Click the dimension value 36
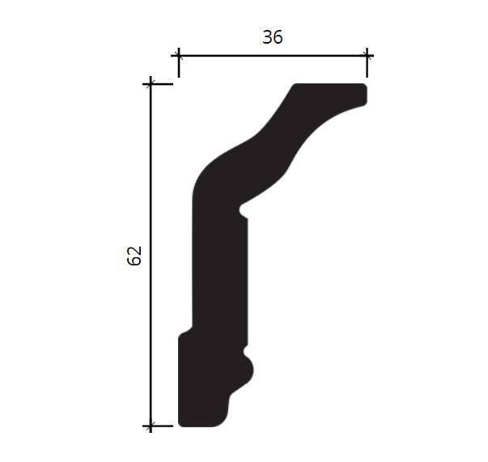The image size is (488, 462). tap(273, 37)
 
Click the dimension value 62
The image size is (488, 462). tap(134, 256)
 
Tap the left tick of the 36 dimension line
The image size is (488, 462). tap(179, 56)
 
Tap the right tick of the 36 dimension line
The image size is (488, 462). tap(367, 56)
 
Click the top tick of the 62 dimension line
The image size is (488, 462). tap(151, 84)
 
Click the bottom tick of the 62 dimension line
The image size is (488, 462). tap(151, 426)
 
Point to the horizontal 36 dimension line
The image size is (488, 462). tap(273, 56)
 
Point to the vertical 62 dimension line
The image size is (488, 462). tap(151, 255)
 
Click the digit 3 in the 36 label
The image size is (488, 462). tap(267, 37)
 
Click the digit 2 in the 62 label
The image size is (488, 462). tap(134, 251)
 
